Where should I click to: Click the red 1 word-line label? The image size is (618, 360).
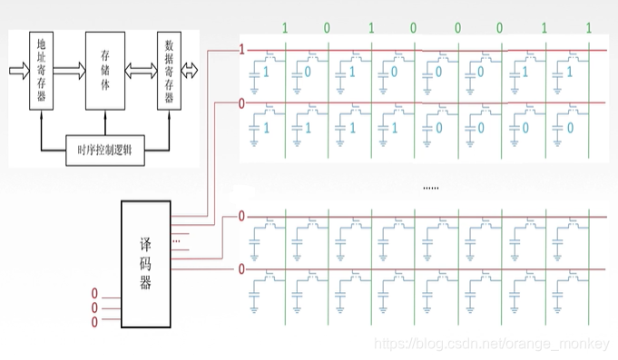click(241, 50)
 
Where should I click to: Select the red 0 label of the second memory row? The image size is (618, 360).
click(241, 103)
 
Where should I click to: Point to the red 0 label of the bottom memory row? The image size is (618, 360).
click(241, 269)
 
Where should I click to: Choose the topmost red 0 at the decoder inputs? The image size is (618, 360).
click(94, 293)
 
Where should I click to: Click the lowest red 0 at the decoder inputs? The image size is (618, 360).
click(94, 320)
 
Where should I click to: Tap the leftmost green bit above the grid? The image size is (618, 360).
click(284, 28)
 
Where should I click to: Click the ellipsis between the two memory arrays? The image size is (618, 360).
click(430, 188)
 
